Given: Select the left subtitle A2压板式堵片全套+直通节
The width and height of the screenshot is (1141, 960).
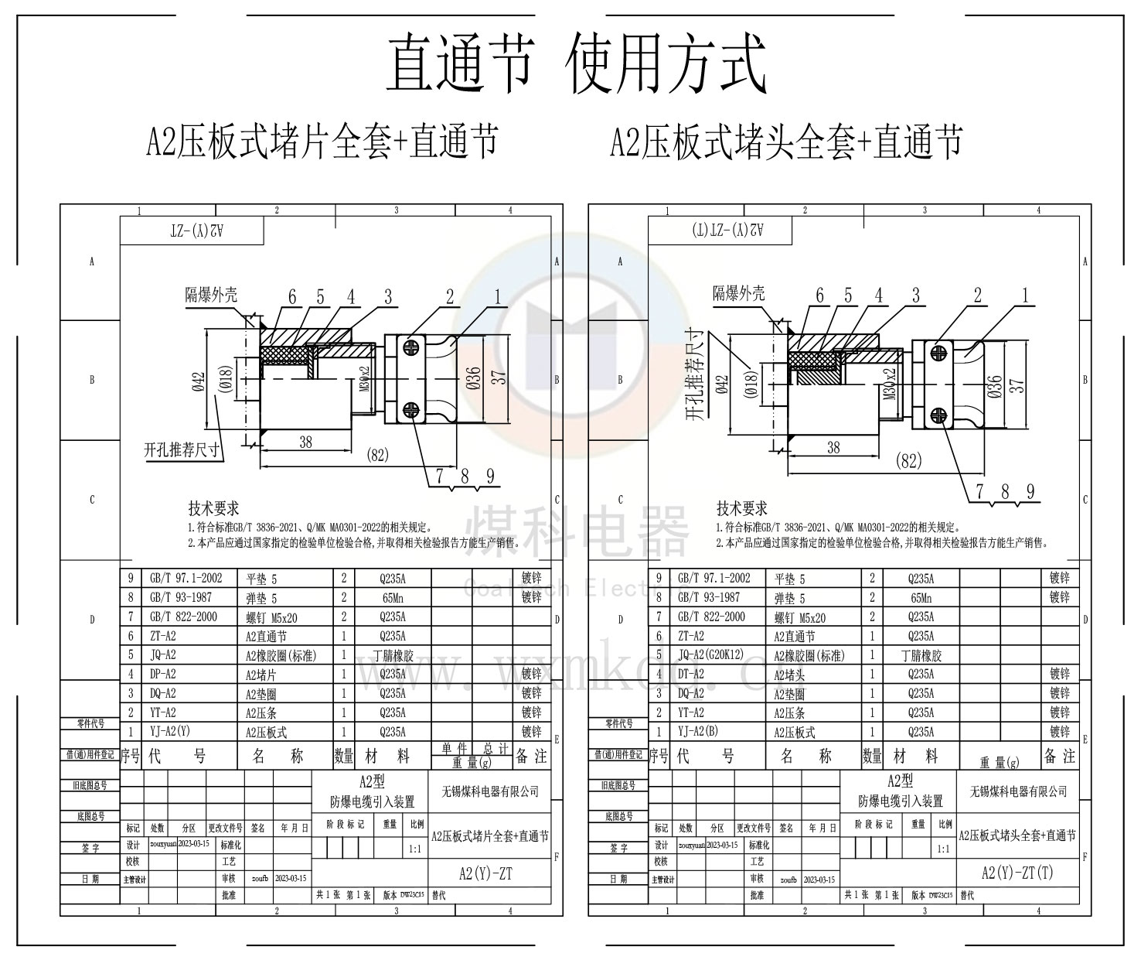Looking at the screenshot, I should click(x=322, y=142).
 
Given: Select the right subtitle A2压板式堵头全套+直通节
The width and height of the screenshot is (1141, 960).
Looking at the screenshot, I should click(x=787, y=142).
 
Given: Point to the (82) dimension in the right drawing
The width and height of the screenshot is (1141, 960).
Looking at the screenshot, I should click(x=908, y=461).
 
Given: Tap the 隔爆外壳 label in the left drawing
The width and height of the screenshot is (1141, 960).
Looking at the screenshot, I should click(x=211, y=295).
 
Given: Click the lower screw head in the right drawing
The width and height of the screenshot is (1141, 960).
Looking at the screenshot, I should click(x=938, y=415).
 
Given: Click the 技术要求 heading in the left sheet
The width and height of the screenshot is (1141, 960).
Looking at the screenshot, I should click(x=213, y=508).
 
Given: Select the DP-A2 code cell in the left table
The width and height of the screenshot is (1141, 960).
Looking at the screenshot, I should click(x=162, y=674).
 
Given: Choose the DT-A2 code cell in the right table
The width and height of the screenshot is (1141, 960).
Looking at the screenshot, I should click(x=691, y=674).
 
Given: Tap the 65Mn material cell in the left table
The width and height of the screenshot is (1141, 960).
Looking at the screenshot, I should click(x=392, y=598).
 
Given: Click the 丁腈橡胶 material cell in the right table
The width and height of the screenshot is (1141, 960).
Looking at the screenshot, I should click(x=920, y=655).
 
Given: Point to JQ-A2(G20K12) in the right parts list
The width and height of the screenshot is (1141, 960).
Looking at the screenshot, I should click(x=710, y=655).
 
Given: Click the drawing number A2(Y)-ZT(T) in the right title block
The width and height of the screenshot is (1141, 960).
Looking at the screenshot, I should click(x=1017, y=873).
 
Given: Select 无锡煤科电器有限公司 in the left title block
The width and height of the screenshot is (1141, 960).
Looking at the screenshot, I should click(x=489, y=791).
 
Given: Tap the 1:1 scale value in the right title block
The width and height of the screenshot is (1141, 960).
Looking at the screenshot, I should click(x=943, y=849).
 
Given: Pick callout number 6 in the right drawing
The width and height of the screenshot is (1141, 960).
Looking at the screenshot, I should click(x=819, y=296).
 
